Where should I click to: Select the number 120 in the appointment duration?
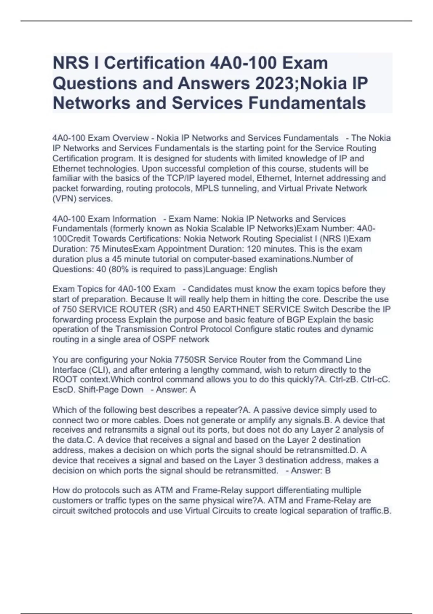pos(254,249)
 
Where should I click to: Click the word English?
pos(263,269)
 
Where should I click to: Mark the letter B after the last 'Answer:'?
pos(328,471)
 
